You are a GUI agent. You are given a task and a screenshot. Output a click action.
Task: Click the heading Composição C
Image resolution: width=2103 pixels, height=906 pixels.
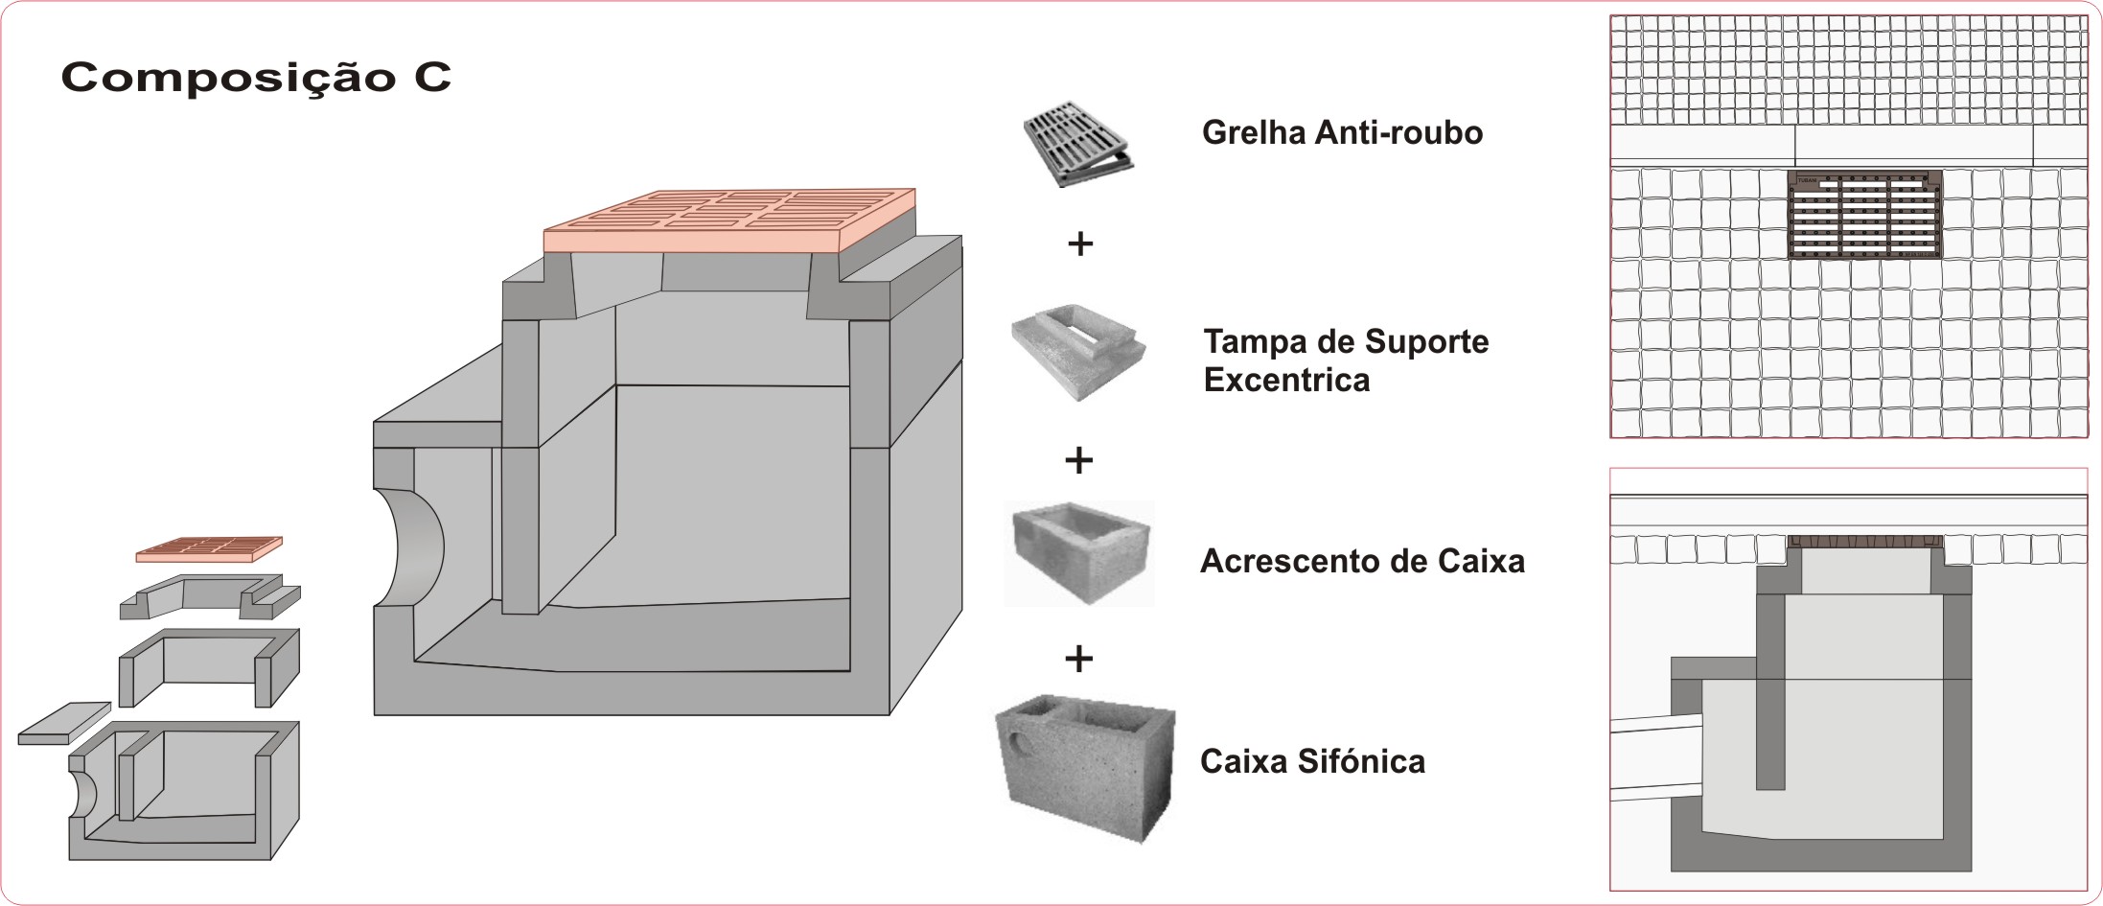[256, 78]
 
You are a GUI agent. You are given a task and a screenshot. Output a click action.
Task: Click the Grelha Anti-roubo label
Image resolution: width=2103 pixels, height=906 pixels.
[1342, 132]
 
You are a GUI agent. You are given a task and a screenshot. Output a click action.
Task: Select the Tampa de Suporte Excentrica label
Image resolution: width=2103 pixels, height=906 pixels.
[1345, 360]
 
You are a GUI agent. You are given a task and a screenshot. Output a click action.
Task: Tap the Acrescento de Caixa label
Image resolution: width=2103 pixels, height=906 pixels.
[1361, 561]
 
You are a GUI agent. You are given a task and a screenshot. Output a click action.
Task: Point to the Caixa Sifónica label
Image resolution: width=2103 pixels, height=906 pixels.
[1312, 761]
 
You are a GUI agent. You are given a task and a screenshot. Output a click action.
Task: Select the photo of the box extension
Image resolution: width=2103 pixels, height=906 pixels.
[1079, 553]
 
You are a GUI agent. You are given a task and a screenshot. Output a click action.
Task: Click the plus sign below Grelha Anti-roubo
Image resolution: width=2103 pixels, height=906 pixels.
[1080, 244]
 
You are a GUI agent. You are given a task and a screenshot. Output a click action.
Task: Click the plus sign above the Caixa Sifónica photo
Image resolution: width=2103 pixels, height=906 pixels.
[1079, 659]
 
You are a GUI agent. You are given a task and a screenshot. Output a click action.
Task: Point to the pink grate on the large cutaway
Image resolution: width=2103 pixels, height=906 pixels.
[728, 219]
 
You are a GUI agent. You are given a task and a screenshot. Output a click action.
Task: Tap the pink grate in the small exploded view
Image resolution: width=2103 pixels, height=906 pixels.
[209, 549]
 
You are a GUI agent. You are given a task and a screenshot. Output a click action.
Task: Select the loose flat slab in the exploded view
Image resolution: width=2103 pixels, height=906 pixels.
[64, 723]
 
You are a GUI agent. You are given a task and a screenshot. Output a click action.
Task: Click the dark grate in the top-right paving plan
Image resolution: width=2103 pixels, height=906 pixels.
[1865, 215]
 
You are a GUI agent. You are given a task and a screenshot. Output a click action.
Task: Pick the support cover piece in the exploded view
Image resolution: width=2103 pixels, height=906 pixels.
[209, 596]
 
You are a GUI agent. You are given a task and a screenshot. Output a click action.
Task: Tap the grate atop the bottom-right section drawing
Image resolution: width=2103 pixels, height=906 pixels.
[1865, 541]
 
